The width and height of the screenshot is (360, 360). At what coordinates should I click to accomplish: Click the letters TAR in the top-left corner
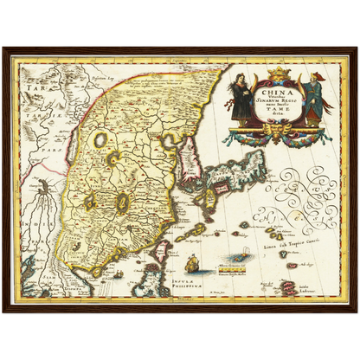pyautogui.click(x=30, y=89)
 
